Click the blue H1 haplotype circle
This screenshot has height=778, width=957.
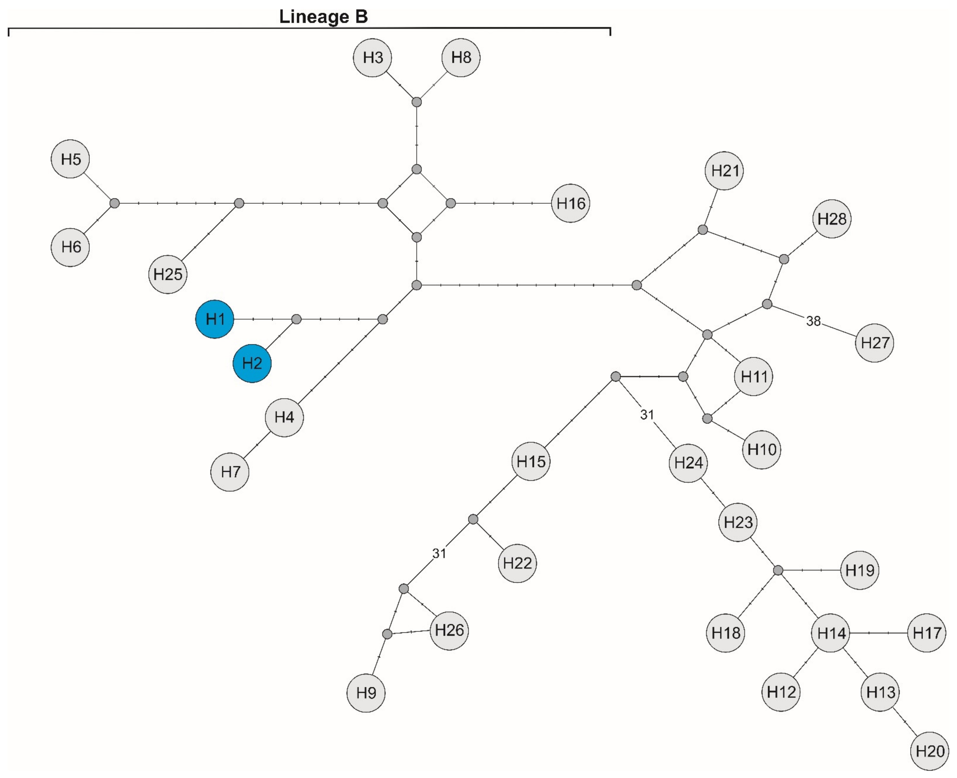click(215, 319)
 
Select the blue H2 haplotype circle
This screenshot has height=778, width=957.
click(252, 363)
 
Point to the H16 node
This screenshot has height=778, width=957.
click(570, 203)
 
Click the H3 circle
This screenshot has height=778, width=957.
click(372, 57)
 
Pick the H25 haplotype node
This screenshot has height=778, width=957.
click(168, 274)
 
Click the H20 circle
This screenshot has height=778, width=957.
click(930, 751)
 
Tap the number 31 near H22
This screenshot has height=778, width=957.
click(439, 553)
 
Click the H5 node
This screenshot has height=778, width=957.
click(70, 159)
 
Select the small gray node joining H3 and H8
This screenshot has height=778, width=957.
click(417, 102)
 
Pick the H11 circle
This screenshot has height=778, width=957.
click(754, 376)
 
